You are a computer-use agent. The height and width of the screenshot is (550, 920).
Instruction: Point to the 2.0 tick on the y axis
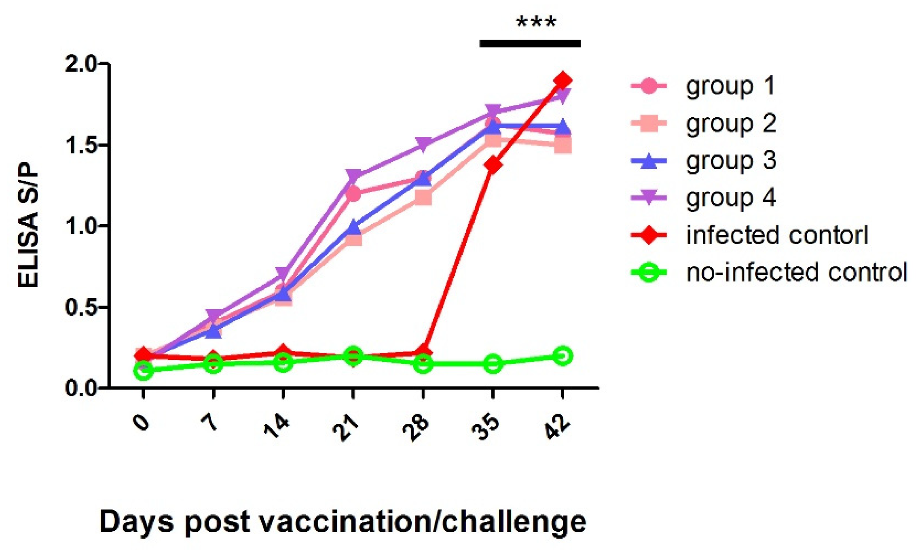click(x=81, y=65)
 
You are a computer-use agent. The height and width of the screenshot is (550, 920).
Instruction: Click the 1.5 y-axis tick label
click(x=81, y=146)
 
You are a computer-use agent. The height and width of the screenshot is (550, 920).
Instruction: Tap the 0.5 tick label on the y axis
click(x=81, y=308)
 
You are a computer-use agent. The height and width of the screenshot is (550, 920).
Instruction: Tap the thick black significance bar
click(x=530, y=43)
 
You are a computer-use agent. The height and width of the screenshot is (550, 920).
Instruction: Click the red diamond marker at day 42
click(x=563, y=80)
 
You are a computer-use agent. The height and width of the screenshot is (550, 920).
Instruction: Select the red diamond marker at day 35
click(x=493, y=165)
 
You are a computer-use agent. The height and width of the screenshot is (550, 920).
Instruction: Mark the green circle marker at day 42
click(x=563, y=356)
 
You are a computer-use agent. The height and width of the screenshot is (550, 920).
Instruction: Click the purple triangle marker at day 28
click(x=423, y=144)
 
